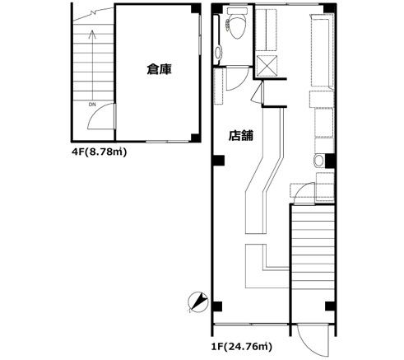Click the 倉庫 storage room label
[159, 69]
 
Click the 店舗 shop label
[241, 135]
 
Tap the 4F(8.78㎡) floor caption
[100, 152]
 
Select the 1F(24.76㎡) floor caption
[242, 347]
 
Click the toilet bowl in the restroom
[237, 24]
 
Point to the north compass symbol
[198, 302]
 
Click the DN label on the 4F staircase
[92, 105]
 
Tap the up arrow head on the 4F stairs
[92, 35]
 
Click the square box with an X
[267, 66]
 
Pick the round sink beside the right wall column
[318, 161]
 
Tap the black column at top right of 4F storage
[196, 8]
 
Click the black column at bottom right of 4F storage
[196, 138]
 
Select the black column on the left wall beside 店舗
[218, 161]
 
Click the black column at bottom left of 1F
[217, 306]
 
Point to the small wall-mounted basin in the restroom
[218, 52]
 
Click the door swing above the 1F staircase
[304, 193]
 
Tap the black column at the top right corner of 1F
[330, 8]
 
